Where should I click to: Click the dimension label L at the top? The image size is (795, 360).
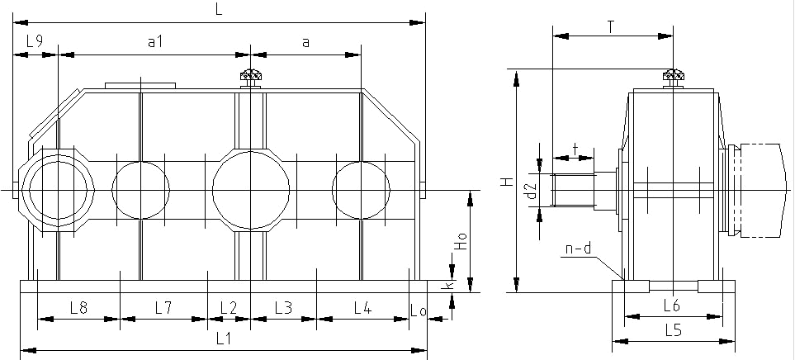coord(219,10)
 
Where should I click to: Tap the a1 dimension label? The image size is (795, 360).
coord(154,40)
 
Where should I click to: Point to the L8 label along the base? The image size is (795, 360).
coord(78,308)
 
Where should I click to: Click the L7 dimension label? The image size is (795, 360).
coord(163,308)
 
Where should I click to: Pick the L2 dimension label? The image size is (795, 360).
coord(228,308)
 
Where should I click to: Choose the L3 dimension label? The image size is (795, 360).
coord(282,308)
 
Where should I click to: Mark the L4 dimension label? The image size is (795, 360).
coord(362,308)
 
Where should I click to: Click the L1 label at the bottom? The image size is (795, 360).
coord(223,338)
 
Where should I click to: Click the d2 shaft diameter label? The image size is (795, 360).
coord(532,192)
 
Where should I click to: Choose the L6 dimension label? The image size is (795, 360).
coord(671,305)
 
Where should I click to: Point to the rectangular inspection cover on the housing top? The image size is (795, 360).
coord(140,85)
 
